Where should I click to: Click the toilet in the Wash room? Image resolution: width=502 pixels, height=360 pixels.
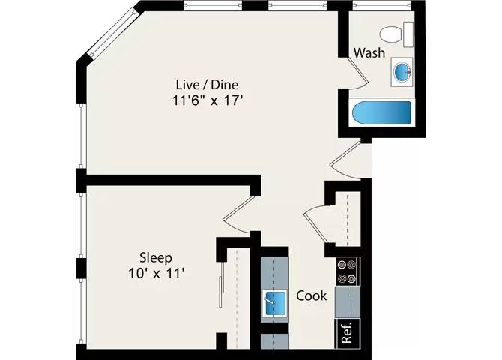(396, 34)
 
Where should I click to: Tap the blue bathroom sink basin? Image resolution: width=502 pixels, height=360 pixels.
(402, 72)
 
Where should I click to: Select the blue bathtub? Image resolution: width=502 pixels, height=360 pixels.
(381, 112)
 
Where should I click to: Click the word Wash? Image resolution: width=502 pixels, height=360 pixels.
(369, 53)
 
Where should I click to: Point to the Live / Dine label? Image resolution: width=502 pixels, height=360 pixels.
(207, 85)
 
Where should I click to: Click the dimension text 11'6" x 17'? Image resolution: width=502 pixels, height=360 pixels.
(207, 100)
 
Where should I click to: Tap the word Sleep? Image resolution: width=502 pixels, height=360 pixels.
(156, 257)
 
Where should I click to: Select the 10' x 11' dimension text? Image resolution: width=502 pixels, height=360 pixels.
(156, 274)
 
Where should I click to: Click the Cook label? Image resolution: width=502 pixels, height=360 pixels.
(312, 295)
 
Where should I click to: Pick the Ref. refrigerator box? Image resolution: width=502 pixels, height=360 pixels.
(348, 333)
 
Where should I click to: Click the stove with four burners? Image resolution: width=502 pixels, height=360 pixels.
(348, 271)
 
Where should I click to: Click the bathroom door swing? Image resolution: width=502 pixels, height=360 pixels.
(356, 73)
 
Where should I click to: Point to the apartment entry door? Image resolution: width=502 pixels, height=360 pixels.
(345, 160)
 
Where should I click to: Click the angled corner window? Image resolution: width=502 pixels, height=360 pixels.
(113, 33)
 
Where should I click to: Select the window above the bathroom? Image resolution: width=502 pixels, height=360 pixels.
(381, 5)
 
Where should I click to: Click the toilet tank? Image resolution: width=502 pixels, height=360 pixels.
(408, 34)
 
